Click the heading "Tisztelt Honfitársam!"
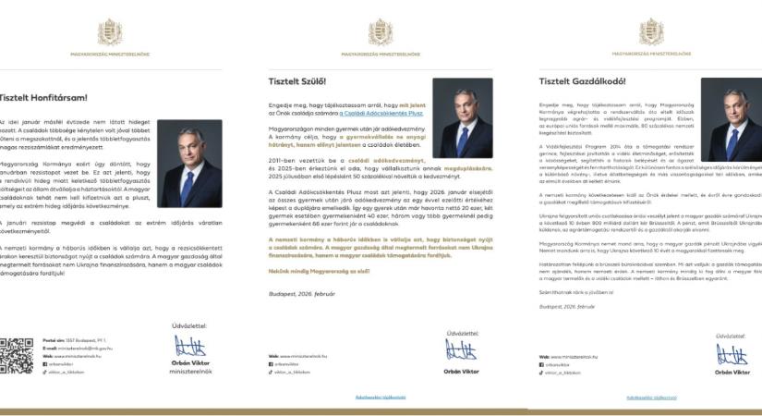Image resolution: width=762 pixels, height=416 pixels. coord(43,97)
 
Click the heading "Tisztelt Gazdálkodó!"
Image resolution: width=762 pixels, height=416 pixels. coord(582,81)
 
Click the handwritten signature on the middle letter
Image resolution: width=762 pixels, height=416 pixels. coord(461,349)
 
